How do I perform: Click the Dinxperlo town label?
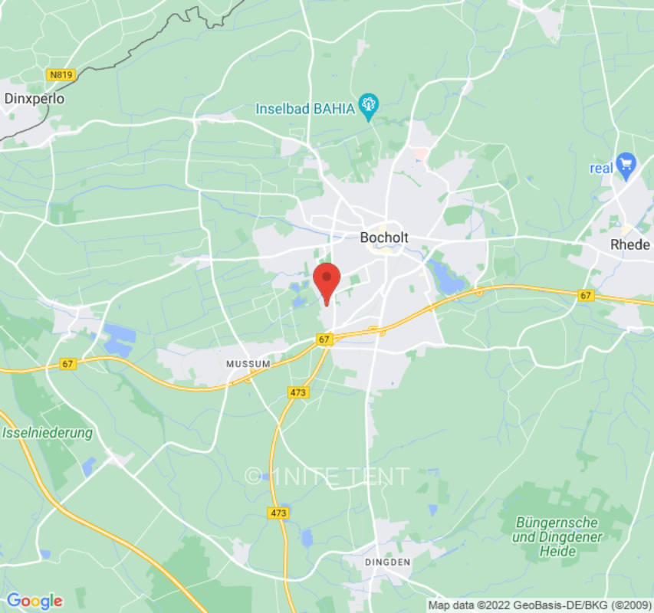[35, 98]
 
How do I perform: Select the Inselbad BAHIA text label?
[305, 108]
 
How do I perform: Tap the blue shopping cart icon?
[626, 162]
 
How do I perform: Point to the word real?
[601, 168]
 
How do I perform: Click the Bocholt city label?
[384, 238]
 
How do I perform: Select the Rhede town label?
[629, 245]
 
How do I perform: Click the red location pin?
[327, 282]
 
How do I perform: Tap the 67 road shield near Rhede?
[587, 295]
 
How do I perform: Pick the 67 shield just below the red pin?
[324, 339]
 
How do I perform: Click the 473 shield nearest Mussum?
[298, 392]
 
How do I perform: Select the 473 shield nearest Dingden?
[278, 512]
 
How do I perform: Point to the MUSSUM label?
[248, 363]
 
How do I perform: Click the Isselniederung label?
[48, 433]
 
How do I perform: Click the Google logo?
[34, 601]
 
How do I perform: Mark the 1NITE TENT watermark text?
[327, 477]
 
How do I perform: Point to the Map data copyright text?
[539, 605]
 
